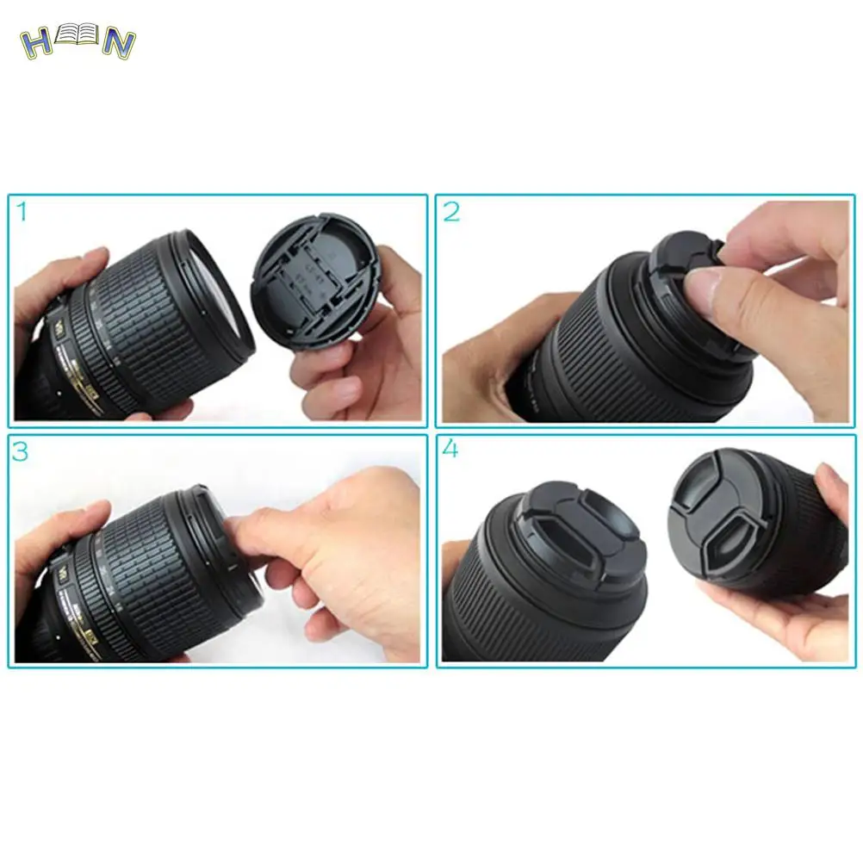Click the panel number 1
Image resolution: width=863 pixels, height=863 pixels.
pyautogui.click(x=22, y=212)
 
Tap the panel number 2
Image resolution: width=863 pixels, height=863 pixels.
pyautogui.click(x=452, y=212)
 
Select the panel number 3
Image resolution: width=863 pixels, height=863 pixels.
pyautogui.click(x=21, y=451)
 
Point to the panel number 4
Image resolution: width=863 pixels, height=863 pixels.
pyautogui.click(x=450, y=450)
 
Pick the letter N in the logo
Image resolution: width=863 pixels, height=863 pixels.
pyautogui.click(x=118, y=44)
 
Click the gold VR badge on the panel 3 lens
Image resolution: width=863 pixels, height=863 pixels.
pyautogui.click(x=63, y=572)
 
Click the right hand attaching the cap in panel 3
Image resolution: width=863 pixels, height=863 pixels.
pyautogui.click(x=345, y=543)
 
